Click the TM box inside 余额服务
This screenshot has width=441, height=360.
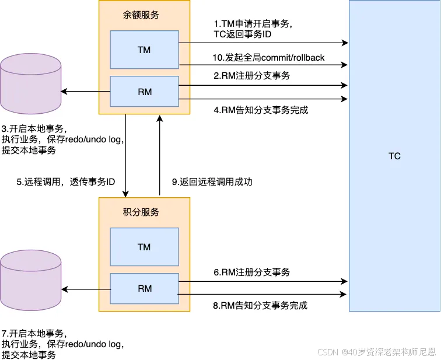pos(144,50)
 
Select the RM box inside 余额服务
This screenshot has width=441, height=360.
pos(144,92)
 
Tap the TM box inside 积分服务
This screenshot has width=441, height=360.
pos(144,247)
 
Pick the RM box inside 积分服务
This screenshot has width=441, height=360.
pos(144,289)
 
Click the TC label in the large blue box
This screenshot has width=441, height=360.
pos(394,156)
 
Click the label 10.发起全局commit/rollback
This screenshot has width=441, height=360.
pos(268,58)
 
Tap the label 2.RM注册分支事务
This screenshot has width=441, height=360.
pos(251,75)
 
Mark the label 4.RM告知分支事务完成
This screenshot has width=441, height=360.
pos(260,109)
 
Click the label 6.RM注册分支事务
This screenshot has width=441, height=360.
pos(251,272)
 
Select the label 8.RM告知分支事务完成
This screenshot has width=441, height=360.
pos(260,306)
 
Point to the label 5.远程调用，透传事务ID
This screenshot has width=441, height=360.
pos(65,182)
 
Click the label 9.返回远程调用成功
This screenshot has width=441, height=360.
pos(212,182)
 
